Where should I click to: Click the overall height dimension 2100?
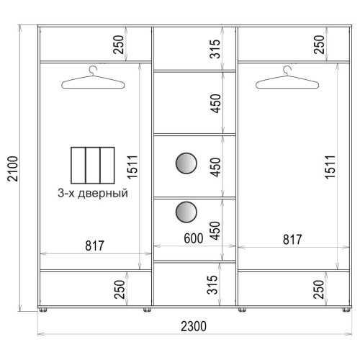click(13, 168)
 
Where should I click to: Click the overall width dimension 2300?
click(194, 326)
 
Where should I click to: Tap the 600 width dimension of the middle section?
click(194, 238)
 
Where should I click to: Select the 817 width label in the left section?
click(94, 246)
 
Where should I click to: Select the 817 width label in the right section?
click(292, 240)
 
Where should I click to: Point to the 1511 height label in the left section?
click(132, 167)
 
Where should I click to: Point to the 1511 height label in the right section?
click(330, 167)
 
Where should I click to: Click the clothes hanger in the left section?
click(93, 78)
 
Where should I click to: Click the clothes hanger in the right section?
click(287, 78)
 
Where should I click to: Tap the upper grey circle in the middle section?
click(186, 163)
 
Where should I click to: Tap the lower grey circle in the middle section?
click(186, 212)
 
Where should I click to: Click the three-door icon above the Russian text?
click(93, 166)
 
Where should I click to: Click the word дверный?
click(103, 194)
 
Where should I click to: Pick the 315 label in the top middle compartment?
click(215, 49)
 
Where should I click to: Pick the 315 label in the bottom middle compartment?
click(212, 285)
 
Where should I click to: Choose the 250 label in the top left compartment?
click(118, 45)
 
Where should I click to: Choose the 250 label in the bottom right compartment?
click(319, 289)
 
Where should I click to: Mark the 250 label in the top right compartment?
click(319, 45)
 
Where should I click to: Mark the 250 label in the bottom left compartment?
click(120, 289)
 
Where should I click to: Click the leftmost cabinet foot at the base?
click(43, 310)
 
